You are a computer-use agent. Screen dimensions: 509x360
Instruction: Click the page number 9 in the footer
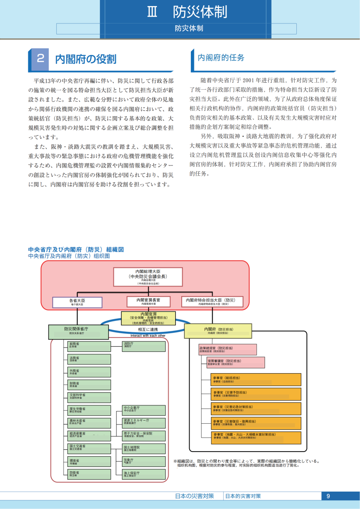328,496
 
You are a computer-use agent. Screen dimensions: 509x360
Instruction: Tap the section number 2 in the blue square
41,59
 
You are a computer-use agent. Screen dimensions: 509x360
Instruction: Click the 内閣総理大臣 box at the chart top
148,277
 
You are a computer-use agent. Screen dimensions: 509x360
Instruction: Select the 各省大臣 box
77,302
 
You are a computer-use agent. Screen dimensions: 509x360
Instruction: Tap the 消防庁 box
144,346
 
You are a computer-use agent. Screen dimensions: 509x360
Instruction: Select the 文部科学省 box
89,397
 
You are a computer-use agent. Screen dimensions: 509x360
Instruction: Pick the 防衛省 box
89,474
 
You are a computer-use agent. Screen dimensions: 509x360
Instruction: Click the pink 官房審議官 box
235,362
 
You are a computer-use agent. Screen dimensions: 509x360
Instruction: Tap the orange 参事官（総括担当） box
256,379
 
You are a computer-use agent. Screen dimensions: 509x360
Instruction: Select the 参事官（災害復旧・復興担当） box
256,423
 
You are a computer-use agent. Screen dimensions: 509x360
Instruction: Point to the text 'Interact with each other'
148,336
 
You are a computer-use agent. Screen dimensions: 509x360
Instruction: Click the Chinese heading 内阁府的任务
221,57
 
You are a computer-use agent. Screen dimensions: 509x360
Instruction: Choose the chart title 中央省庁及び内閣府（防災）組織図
76,249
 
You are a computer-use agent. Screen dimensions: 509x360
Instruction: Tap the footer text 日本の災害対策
194,496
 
